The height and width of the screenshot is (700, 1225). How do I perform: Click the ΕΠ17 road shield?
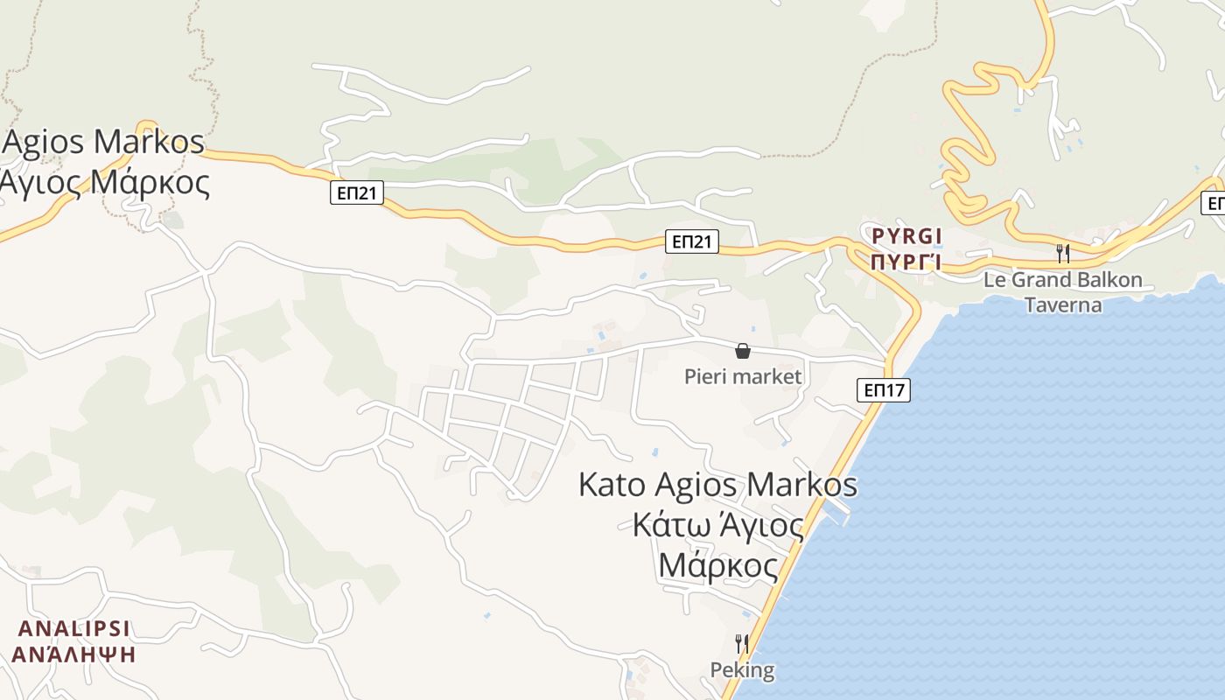pos(884,390)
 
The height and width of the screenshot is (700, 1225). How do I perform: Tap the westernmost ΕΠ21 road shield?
pos(357,192)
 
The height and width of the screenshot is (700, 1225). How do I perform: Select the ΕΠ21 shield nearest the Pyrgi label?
pos(692,241)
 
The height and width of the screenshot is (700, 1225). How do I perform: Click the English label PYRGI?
pos(906,236)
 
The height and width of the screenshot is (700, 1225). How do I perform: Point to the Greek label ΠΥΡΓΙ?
pos(906,262)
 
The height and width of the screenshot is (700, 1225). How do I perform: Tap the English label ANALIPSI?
pos(74,628)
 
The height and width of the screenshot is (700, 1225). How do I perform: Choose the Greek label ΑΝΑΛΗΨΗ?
pos(74,654)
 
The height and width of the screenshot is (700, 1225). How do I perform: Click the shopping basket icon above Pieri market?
pos(743,351)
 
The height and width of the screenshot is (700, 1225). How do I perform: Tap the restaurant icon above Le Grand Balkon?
pos(1063,254)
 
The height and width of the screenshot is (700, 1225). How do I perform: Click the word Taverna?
pos(1063,305)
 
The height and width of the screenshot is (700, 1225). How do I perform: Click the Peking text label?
pos(742,671)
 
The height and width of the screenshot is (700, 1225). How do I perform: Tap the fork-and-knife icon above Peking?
pos(742,644)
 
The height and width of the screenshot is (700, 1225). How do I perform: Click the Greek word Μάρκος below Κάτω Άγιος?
pos(717,566)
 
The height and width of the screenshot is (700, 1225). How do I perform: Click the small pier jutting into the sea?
pos(841,511)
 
